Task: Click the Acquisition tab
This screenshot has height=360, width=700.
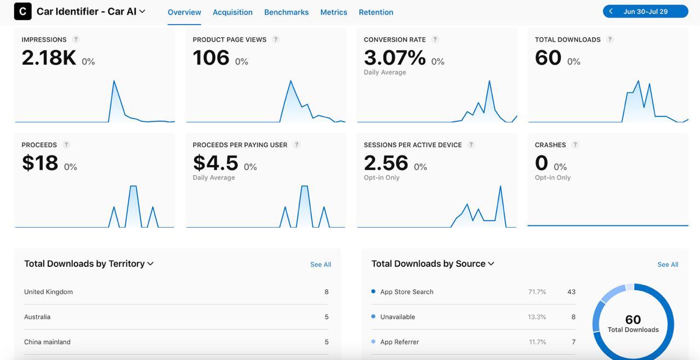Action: (232, 12)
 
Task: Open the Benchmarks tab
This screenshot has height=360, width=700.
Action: (286, 12)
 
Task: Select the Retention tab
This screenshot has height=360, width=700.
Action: (376, 12)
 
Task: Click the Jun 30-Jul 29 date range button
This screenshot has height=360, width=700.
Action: (645, 11)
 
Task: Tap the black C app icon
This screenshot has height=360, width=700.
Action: (22, 11)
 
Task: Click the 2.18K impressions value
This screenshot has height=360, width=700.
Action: (49, 58)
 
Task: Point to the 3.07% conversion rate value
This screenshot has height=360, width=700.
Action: (394, 58)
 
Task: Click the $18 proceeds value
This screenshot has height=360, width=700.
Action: (40, 163)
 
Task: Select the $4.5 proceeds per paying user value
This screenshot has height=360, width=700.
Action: (215, 163)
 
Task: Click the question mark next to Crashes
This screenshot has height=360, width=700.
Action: (575, 145)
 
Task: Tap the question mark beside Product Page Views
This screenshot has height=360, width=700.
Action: (276, 39)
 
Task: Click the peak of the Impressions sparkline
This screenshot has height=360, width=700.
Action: (114, 82)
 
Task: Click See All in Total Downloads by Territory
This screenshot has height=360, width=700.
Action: (320, 265)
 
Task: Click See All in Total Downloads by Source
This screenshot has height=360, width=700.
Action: (668, 265)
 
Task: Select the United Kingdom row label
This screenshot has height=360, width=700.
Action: (48, 292)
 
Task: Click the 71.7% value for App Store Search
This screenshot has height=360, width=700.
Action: (537, 292)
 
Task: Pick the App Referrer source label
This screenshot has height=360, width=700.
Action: (399, 342)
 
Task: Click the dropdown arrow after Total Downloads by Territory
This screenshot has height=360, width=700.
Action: (150, 264)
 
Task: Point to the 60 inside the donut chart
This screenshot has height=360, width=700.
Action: (633, 320)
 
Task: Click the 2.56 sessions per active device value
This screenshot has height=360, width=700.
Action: (386, 163)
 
